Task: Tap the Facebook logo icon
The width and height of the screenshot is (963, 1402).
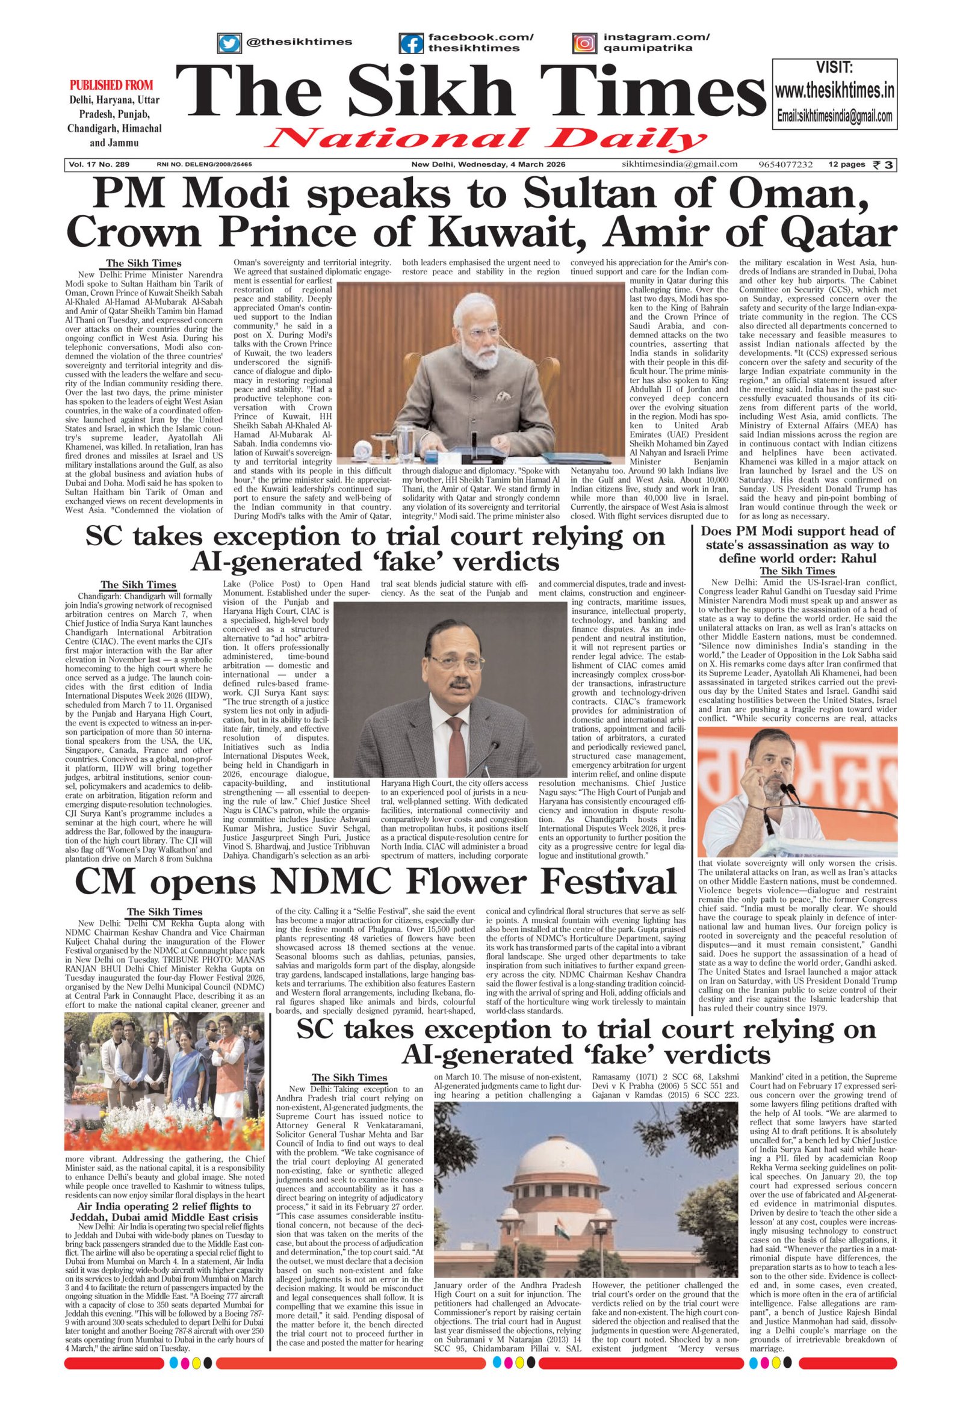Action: coord(412,43)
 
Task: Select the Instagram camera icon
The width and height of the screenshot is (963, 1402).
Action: coord(583,43)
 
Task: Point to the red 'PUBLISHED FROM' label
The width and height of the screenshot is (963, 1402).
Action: coord(111,85)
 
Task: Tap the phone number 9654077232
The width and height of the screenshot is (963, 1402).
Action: coord(786,165)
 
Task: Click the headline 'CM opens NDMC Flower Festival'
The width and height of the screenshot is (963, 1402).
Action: coord(376,882)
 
